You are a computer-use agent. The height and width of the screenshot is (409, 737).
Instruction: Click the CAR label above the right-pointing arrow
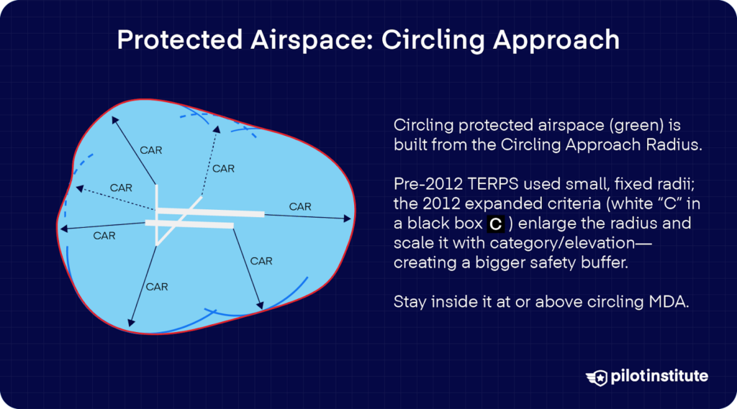[300, 206]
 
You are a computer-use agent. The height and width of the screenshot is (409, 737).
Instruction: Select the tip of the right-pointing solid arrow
[351, 219]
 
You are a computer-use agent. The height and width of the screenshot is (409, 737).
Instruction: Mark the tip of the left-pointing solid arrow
[60, 229]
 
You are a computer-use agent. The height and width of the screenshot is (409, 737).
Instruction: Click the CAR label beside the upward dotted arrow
[223, 169]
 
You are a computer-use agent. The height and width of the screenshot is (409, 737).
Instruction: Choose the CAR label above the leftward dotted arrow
[121, 188]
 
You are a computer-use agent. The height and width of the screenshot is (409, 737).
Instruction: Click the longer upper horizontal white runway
[211, 212]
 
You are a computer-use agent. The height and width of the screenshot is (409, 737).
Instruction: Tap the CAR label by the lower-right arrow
[261, 261]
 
